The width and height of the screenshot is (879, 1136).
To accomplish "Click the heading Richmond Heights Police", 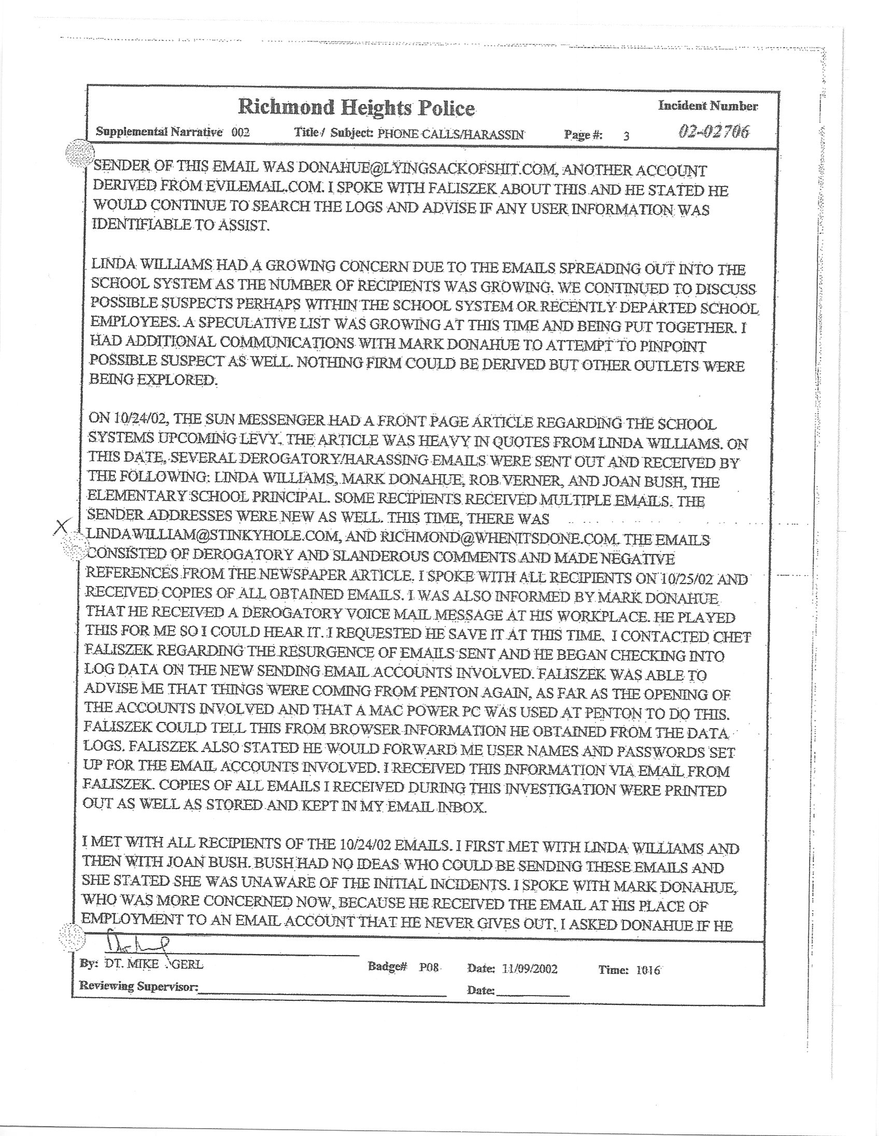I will pyautogui.click(x=356, y=108).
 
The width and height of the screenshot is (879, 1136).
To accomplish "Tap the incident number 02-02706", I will pyautogui.click(x=714, y=132).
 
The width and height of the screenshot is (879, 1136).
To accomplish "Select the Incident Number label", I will pyautogui.click(x=708, y=106).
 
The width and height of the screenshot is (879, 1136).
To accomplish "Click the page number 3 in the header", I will pyautogui.click(x=626, y=136).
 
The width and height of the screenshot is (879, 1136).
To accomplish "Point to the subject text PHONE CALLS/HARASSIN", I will pyautogui.click(x=451, y=134).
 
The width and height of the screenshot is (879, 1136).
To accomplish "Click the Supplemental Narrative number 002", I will pyautogui.click(x=240, y=132).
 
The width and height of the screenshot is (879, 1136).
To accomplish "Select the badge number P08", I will pyautogui.click(x=430, y=968).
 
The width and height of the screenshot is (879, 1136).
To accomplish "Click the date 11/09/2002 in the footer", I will pyautogui.click(x=530, y=969).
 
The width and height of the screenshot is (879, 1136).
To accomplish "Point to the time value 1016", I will pyautogui.click(x=648, y=970).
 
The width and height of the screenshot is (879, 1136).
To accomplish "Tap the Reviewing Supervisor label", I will pyautogui.click(x=138, y=986).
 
